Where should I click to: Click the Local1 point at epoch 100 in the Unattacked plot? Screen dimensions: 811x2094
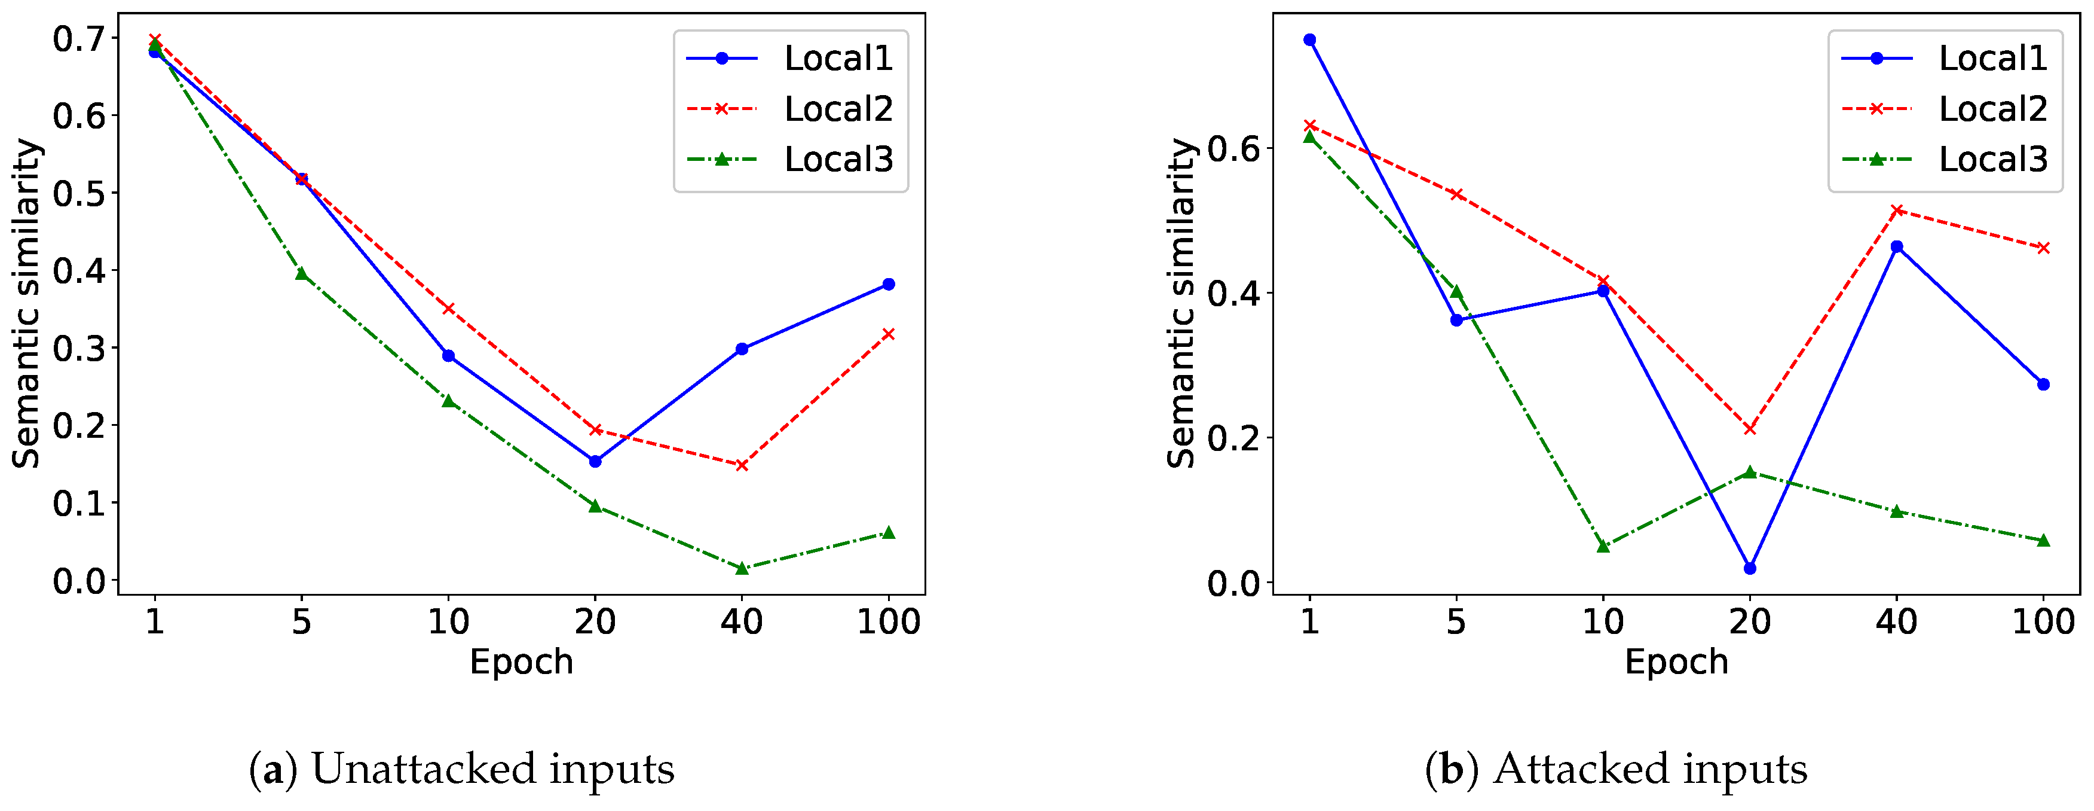(889, 284)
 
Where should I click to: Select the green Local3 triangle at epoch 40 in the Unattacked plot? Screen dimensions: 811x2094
(742, 568)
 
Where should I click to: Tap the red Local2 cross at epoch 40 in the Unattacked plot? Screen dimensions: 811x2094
(742, 465)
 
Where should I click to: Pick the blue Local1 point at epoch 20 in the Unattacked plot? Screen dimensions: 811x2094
(595, 461)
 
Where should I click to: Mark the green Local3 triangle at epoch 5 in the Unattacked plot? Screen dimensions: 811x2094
(302, 274)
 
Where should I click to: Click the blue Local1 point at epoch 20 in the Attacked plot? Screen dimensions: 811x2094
(1750, 568)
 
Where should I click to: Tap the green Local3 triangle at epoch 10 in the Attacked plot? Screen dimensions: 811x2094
(1603, 546)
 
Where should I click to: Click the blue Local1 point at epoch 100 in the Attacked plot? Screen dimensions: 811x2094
(2044, 384)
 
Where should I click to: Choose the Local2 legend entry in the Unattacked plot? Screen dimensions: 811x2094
(837, 109)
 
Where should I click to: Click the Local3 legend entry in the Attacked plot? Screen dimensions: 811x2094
(1992, 160)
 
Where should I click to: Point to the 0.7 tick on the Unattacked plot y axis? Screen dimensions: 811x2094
(79, 38)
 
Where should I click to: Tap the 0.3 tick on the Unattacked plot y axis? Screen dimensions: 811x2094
(79, 348)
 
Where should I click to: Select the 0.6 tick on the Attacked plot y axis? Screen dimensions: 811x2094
(1233, 149)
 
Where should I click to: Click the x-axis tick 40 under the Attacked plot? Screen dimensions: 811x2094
(1896, 622)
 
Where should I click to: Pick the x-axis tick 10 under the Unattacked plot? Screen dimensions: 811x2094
(448, 622)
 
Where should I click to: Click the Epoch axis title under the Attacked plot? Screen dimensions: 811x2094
(1676, 662)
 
